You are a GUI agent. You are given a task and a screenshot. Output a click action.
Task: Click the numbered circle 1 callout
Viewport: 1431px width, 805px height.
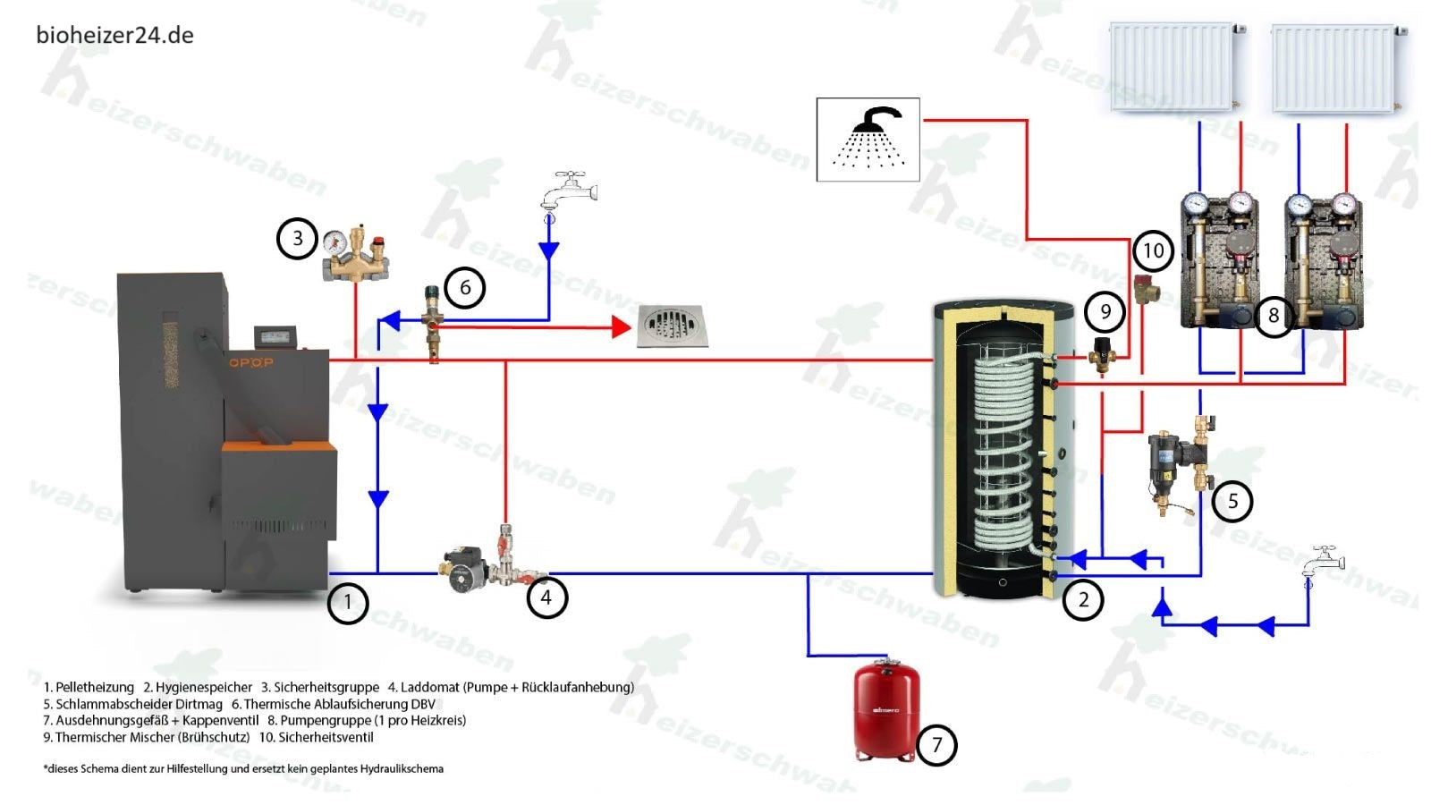pos(348,604)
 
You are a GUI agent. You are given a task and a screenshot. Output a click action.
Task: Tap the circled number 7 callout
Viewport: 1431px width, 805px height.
pos(936,745)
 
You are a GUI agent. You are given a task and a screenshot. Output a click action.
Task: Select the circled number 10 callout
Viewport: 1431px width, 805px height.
pos(1154,251)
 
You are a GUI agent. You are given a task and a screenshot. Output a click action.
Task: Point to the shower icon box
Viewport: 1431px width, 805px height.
pos(868,140)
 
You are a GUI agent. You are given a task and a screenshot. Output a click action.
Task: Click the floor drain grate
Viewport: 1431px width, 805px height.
pos(673,327)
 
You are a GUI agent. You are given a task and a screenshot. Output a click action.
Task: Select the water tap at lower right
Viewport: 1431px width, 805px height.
pos(1324,562)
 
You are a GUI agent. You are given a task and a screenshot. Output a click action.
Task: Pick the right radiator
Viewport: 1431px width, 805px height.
pos(1336,68)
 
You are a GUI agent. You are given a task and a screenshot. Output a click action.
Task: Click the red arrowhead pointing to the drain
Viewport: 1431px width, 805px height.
pos(621,327)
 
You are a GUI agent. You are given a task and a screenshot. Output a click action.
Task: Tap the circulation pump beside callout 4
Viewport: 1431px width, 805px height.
pos(465,565)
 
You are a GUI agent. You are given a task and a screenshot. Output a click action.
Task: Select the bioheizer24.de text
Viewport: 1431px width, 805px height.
pos(114,35)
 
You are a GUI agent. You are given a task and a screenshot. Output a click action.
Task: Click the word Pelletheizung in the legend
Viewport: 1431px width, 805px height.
pos(95,687)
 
